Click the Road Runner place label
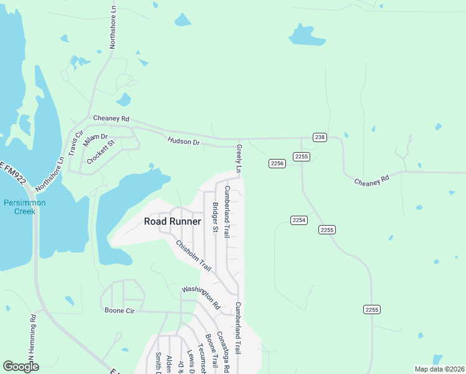click(x=173, y=221)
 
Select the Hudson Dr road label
click(x=183, y=142)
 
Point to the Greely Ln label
click(x=239, y=159)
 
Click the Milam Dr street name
click(x=95, y=141)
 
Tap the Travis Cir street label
click(x=75, y=143)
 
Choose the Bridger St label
click(x=214, y=218)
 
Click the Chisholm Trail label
click(x=193, y=256)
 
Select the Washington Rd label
click(x=201, y=298)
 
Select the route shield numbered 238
click(x=320, y=137)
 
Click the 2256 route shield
click(x=277, y=163)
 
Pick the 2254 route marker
click(x=298, y=220)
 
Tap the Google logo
click(x=21, y=367)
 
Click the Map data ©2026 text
click(x=439, y=369)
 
